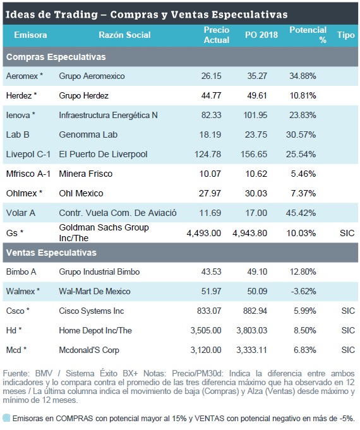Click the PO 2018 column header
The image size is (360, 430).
pyautogui.click(x=261, y=35)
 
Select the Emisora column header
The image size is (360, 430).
pyautogui.click(x=30, y=35)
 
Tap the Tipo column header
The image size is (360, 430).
pyautogui.click(x=345, y=35)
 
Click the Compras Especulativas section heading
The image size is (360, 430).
pyautogui.click(x=56, y=57)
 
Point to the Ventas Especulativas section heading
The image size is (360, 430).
pyautogui.click(x=51, y=253)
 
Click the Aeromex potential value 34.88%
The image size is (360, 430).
pyautogui.click(x=303, y=76)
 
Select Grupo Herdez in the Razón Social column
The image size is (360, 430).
pyautogui.click(x=84, y=95)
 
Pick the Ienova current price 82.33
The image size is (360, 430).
pyautogui.click(x=211, y=115)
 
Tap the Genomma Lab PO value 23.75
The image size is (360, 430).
pyautogui.click(x=256, y=134)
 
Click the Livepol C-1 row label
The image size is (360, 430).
pyautogui.click(x=28, y=154)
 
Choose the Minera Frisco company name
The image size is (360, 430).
pyautogui.click(x=86, y=174)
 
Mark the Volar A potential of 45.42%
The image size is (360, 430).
pyautogui.click(x=301, y=213)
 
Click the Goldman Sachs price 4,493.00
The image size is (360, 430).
pyautogui.click(x=203, y=233)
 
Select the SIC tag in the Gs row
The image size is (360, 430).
pyautogui.click(x=347, y=233)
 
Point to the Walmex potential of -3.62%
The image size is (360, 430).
pyautogui.click(x=304, y=291)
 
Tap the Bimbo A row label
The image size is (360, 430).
pyautogui.click(x=21, y=272)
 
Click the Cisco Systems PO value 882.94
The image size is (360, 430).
pyautogui.click(x=255, y=311)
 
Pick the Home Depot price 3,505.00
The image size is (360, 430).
pyautogui.click(x=206, y=330)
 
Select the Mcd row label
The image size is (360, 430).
pyautogui.click(x=16, y=350)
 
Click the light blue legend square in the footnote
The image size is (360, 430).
pyautogui.click(x=6, y=418)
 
